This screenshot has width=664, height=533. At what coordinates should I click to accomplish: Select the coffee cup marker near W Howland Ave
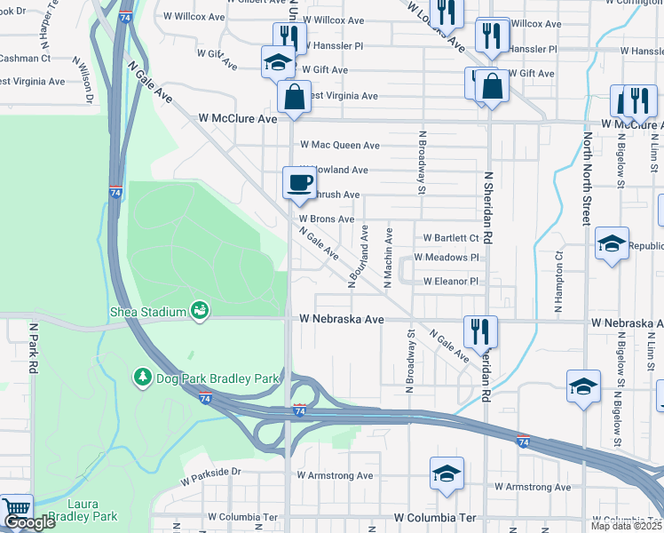(x=298, y=182)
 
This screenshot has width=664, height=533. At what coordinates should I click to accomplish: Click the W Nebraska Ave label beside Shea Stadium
(x=341, y=318)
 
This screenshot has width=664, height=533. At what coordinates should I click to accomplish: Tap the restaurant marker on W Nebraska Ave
(x=480, y=331)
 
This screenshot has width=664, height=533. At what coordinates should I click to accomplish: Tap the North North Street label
(x=586, y=179)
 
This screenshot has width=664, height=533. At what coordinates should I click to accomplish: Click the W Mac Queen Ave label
(x=340, y=145)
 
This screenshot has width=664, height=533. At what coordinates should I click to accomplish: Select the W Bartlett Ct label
(x=451, y=238)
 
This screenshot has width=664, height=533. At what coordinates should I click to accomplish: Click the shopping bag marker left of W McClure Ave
(x=294, y=96)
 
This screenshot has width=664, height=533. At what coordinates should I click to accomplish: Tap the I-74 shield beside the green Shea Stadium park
(x=115, y=192)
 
